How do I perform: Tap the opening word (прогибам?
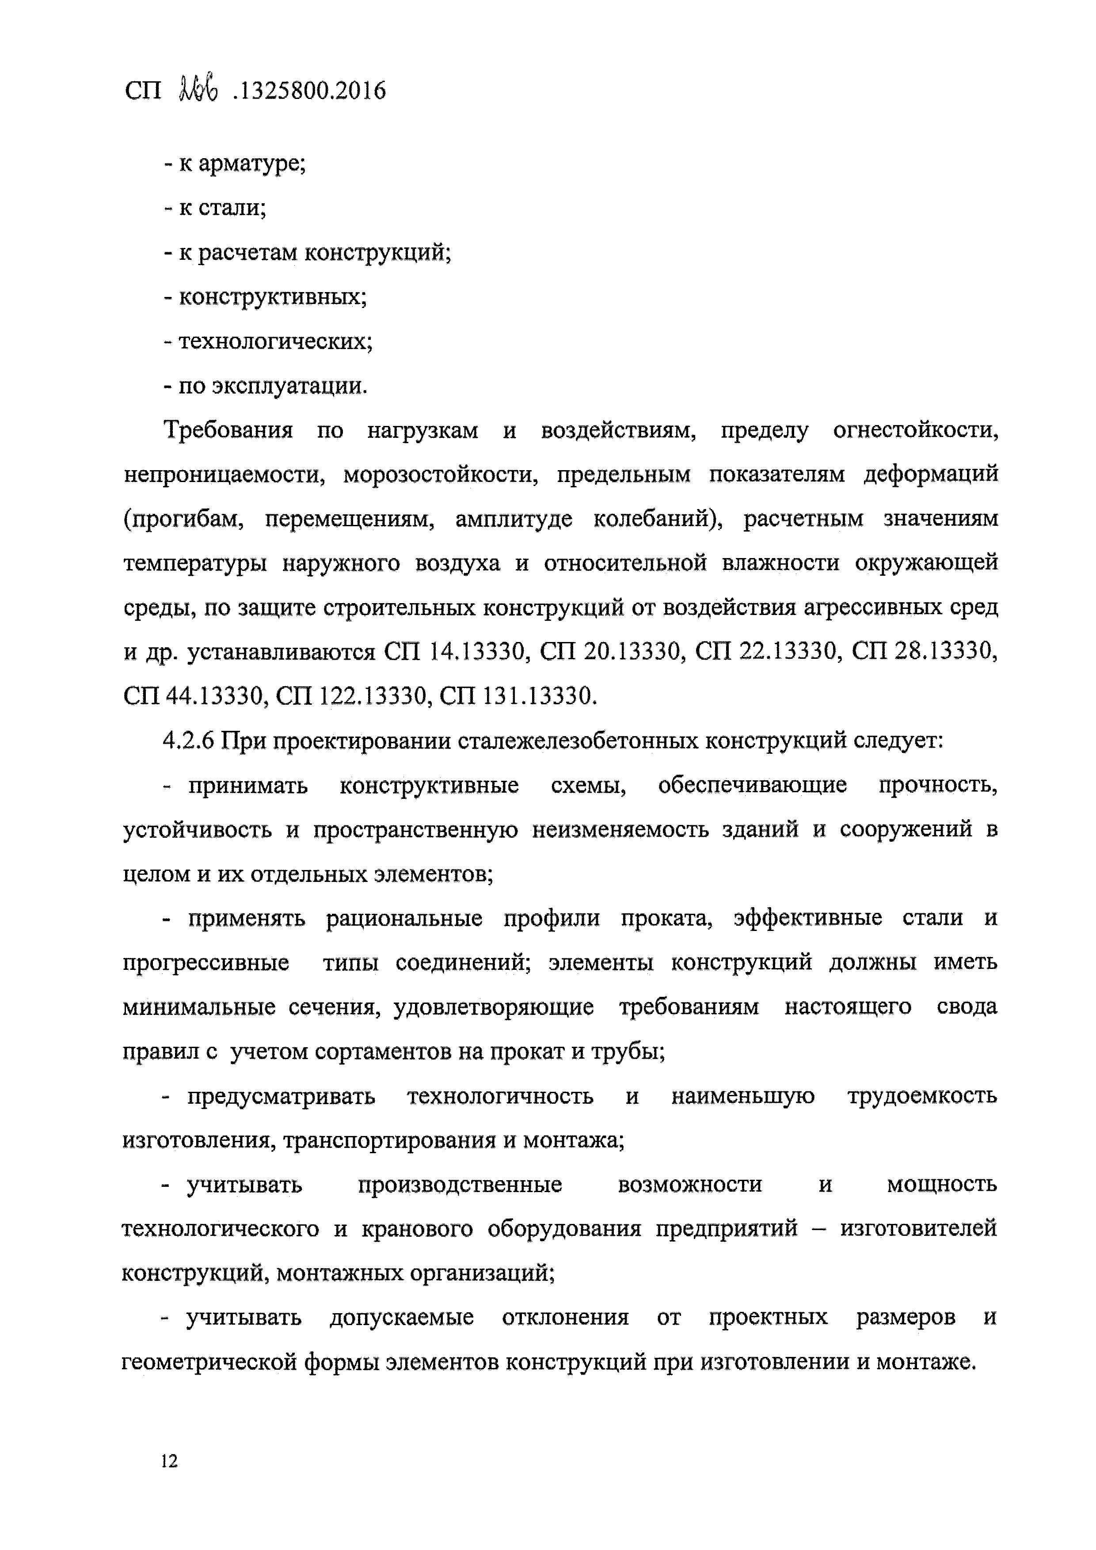pyautogui.click(x=183, y=519)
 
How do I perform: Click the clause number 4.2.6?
pyautogui.click(x=188, y=741)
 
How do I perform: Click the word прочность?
pyautogui.click(x=938, y=785)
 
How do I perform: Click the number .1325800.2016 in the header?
pyautogui.click(x=308, y=91)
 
